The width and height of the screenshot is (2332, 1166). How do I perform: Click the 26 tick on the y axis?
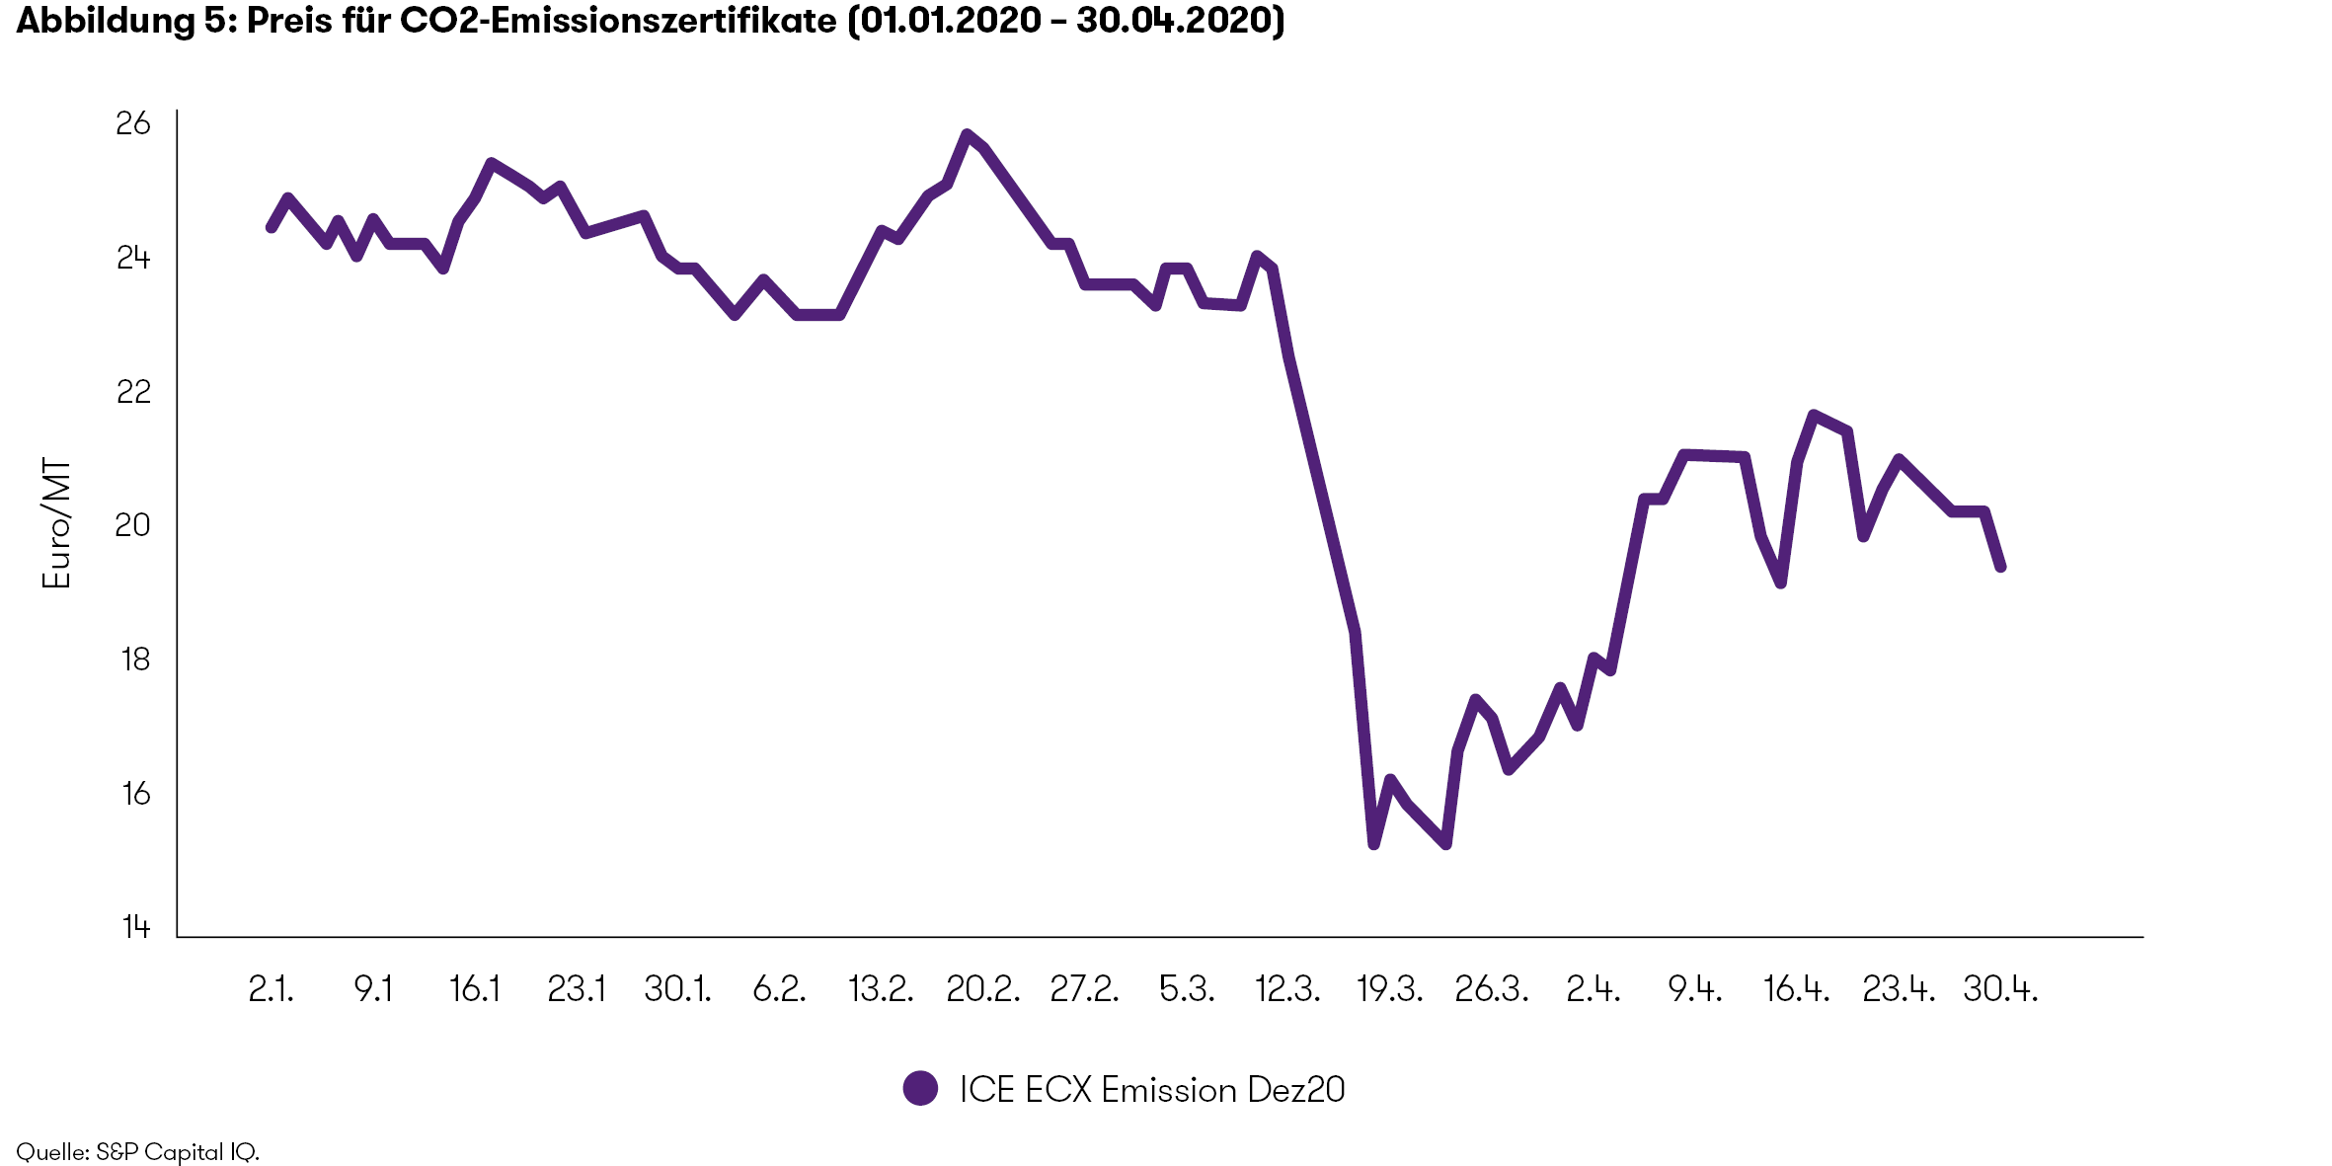133,123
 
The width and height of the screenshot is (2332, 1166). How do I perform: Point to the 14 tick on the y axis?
136,926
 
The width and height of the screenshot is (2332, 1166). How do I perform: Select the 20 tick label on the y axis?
133,525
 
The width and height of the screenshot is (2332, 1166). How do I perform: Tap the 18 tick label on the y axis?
135,660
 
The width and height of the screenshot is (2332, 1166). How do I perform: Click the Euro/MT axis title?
56,523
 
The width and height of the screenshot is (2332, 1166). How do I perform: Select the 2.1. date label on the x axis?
271,989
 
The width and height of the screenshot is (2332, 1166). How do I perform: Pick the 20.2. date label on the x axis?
982,989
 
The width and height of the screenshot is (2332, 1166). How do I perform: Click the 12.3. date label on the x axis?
1286,989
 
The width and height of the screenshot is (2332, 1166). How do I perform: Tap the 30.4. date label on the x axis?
1999,989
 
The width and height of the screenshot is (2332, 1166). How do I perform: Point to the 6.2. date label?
779,989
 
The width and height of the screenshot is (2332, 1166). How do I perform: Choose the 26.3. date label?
1491,989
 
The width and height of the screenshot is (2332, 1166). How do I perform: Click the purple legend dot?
920,1089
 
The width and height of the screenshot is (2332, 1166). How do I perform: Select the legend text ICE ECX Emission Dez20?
1151,1090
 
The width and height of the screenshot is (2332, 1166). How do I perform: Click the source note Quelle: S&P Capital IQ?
137,1152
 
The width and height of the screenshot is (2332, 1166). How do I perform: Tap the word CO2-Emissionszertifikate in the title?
618,21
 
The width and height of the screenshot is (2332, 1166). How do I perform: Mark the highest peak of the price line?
967,134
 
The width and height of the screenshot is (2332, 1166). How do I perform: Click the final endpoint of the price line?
2001,568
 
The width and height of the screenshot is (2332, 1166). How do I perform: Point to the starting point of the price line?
271,228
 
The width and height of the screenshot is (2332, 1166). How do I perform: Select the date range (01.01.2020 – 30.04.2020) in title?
1066,21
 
